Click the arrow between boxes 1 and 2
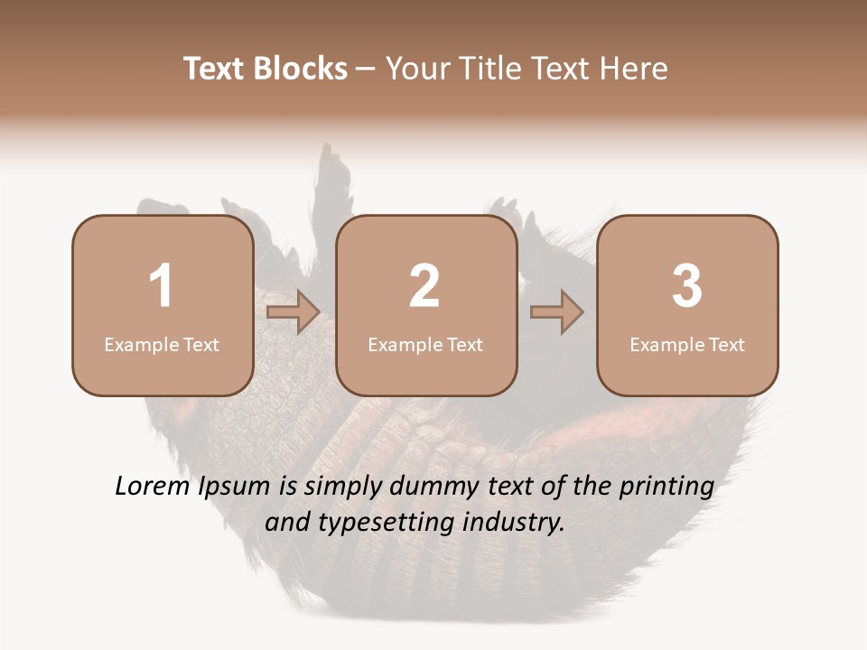click(x=294, y=312)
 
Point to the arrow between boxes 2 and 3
click(x=557, y=312)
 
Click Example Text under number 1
click(x=162, y=344)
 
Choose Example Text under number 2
click(x=425, y=344)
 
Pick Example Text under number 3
click(x=687, y=344)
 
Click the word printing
click(x=666, y=487)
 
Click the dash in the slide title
click(x=367, y=70)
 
